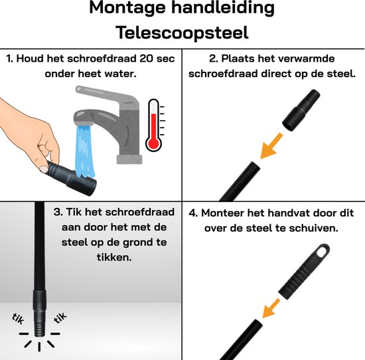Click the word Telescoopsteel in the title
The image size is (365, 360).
182,32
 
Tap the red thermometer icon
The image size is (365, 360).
154,125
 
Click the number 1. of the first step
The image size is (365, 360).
10,58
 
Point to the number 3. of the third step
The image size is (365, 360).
58,213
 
